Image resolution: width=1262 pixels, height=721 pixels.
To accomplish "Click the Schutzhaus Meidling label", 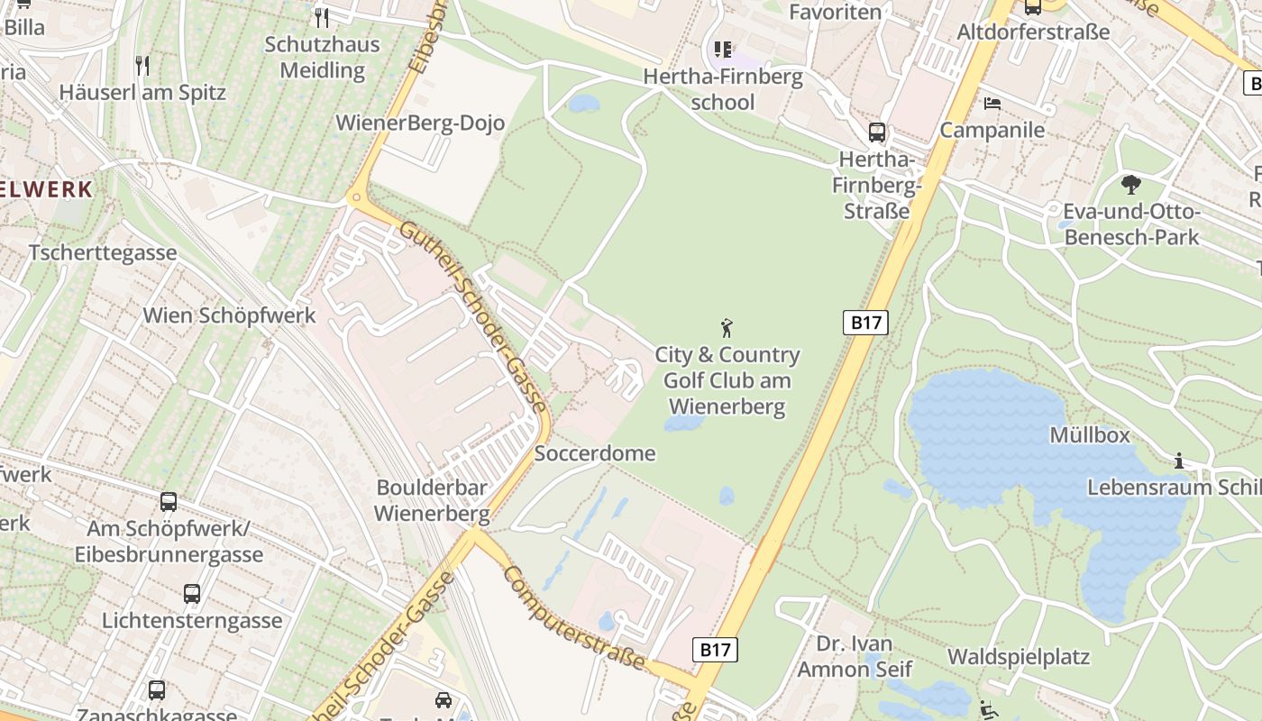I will [322, 57].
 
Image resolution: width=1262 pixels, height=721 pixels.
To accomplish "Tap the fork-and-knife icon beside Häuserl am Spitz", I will [142, 65].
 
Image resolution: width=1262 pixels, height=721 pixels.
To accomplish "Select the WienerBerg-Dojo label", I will [420, 123].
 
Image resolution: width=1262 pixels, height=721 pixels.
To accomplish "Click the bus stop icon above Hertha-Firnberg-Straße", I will [876, 132].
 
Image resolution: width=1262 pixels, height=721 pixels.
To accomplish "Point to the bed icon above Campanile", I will [992, 103].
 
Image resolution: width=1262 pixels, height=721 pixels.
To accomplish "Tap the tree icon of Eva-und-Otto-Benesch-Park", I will [1131, 186].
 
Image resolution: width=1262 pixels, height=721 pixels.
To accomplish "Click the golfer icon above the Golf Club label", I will [727, 328].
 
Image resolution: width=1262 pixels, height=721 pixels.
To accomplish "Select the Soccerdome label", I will [595, 453].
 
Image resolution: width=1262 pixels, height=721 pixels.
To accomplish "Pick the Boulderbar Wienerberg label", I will [432, 501].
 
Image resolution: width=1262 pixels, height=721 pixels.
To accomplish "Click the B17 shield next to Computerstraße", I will [716, 649].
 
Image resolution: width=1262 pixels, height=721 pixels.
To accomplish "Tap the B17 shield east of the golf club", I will [866, 323].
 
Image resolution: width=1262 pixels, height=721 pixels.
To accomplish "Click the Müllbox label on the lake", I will [1090, 435].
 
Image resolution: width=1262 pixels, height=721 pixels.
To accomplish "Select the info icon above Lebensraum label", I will [1179, 461].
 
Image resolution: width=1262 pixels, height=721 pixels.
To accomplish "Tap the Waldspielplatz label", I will [1019, 656].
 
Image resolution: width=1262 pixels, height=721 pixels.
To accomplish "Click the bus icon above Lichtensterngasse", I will [192, 594].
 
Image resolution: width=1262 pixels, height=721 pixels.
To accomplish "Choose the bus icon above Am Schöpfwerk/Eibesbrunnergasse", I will [169, 502].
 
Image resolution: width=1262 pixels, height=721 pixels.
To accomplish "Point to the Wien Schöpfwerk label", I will [230, 315].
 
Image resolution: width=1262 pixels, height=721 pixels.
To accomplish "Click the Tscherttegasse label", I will [103, 252].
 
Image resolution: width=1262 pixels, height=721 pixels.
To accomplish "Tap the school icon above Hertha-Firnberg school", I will [723, 50].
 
